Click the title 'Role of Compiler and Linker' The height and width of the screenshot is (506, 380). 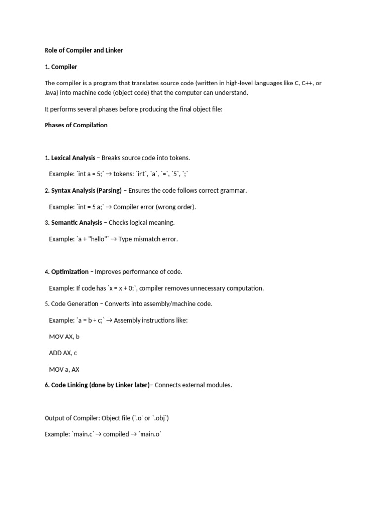[84, 50]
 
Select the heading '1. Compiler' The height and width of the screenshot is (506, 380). [61, 67]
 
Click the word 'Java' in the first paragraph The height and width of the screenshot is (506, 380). [51, 92]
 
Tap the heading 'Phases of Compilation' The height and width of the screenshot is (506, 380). [76, 125]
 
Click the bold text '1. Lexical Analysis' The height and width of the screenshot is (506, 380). [70, 158]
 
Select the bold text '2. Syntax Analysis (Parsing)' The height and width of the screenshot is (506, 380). [83, 190]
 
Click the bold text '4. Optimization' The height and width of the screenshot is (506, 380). [66, 272]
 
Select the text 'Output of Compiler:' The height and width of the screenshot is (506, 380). [72, 418]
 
